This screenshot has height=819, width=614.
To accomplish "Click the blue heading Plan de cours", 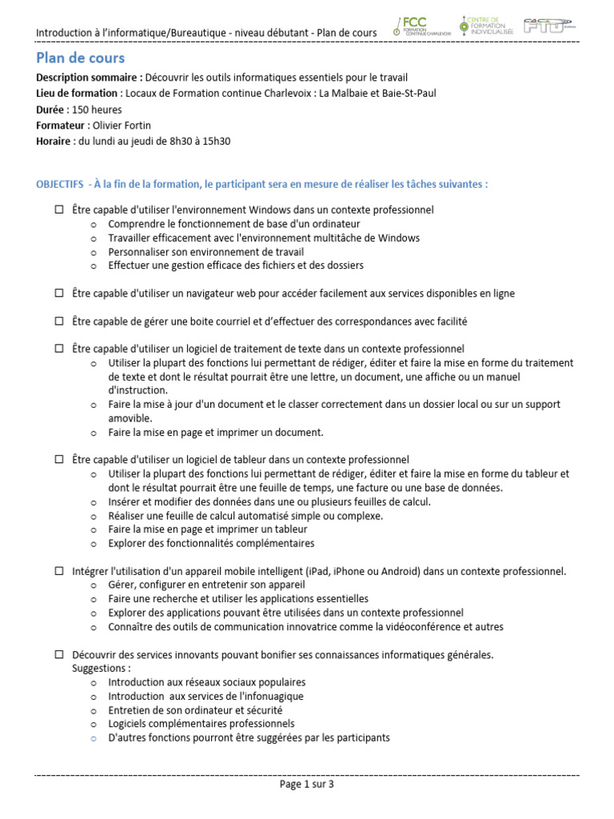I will coord(80,58).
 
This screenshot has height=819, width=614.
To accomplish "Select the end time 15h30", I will coord(217,142).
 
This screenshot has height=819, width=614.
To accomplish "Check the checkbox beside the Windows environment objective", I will coord(59,210).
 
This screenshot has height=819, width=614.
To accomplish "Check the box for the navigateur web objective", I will coord(59,294).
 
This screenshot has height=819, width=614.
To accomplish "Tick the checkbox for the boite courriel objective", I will coord(59,322).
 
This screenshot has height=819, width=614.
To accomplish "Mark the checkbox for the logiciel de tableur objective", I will coord(59,460).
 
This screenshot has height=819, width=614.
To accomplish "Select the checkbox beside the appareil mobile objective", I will coord(59,571).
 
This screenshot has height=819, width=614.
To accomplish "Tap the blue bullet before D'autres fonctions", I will coord(93,737).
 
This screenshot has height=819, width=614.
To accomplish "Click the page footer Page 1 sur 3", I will coord(306,785).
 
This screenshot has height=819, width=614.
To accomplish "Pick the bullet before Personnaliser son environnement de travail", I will coord(93,252).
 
